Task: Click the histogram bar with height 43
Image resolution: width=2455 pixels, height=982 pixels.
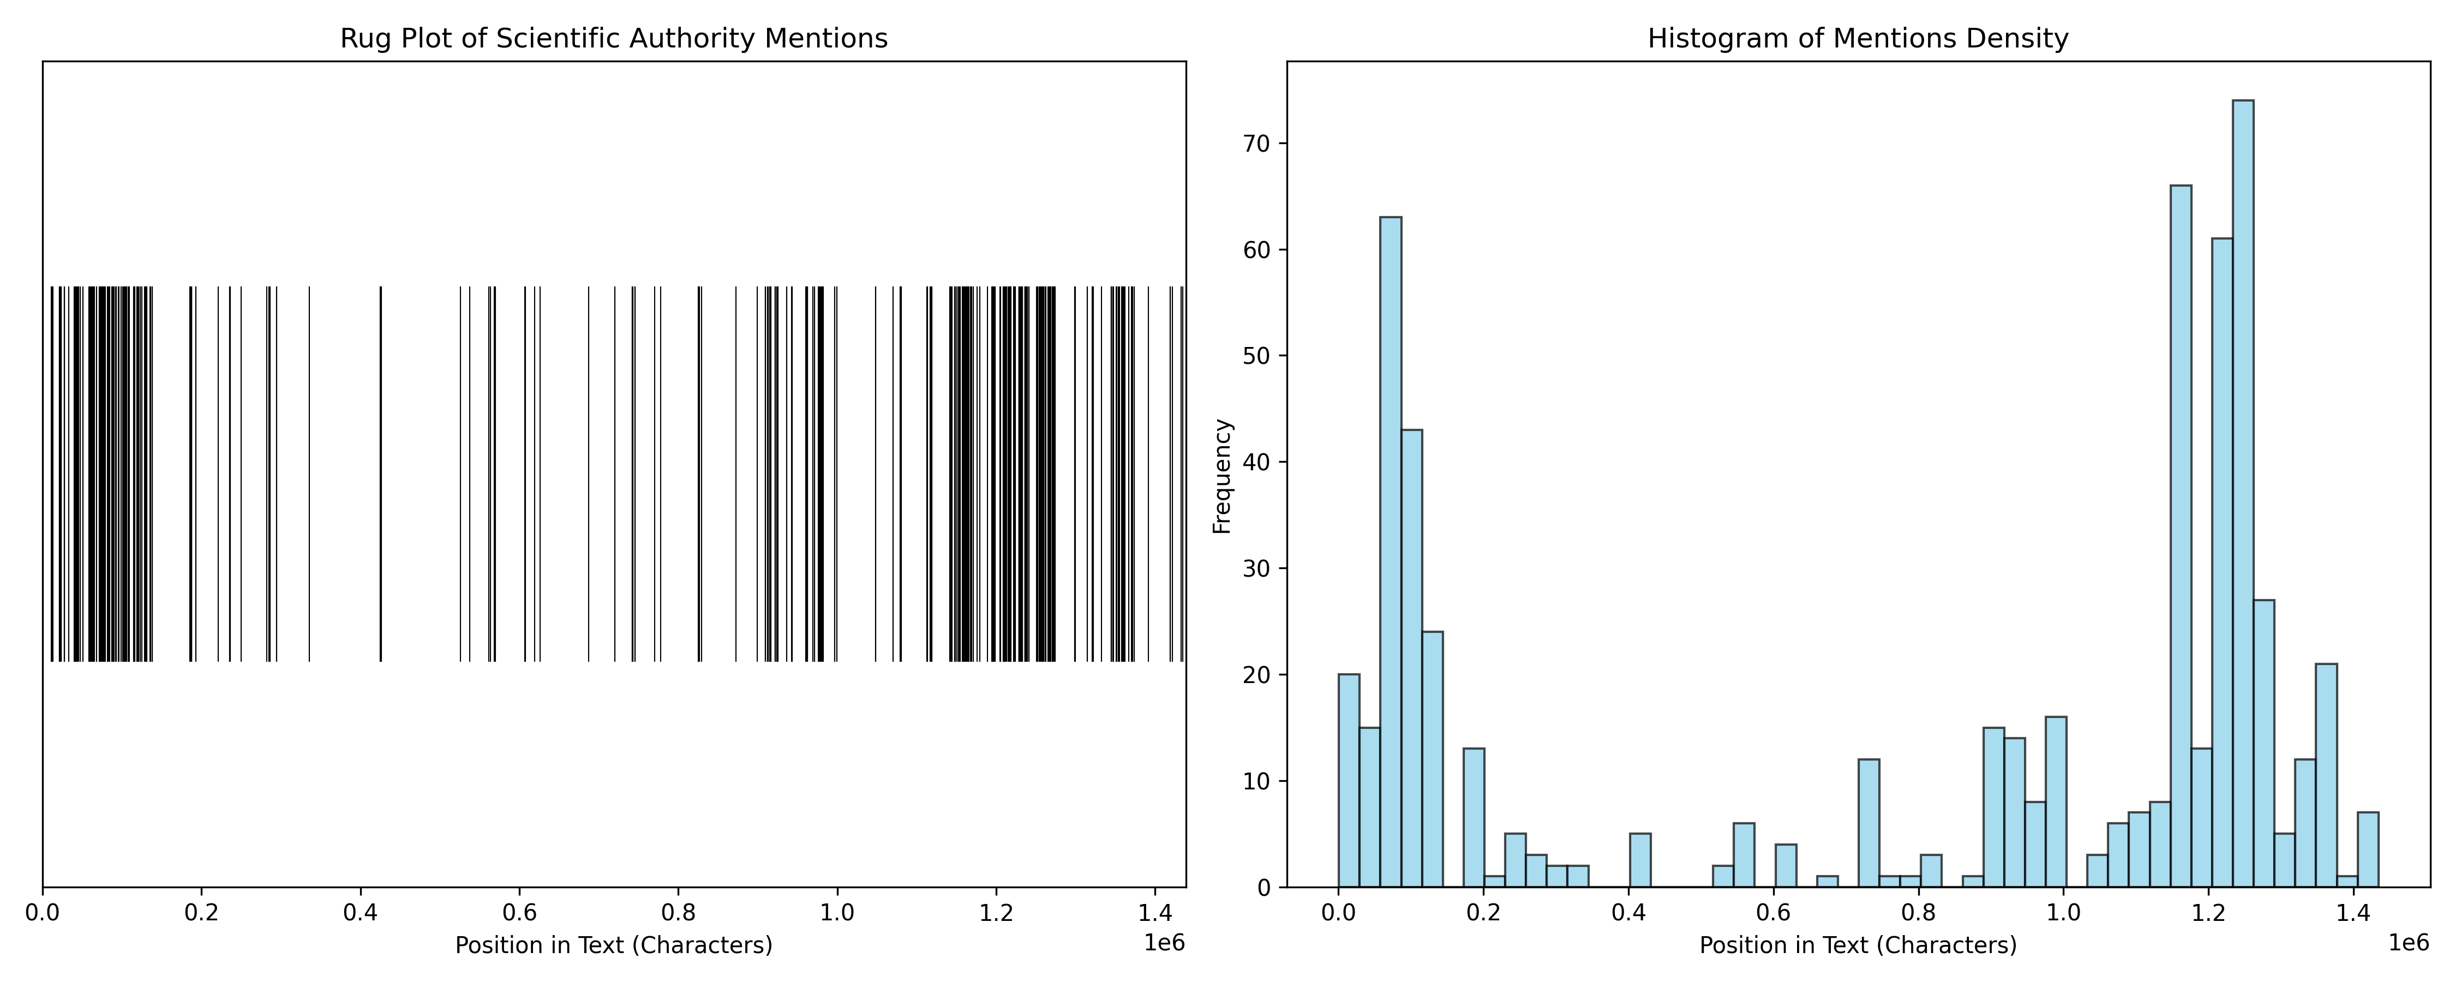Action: pyautogui.click(x=1411, y=658)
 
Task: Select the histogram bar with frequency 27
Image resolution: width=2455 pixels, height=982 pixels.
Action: pyautogui.click(x=2264, y=744)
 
